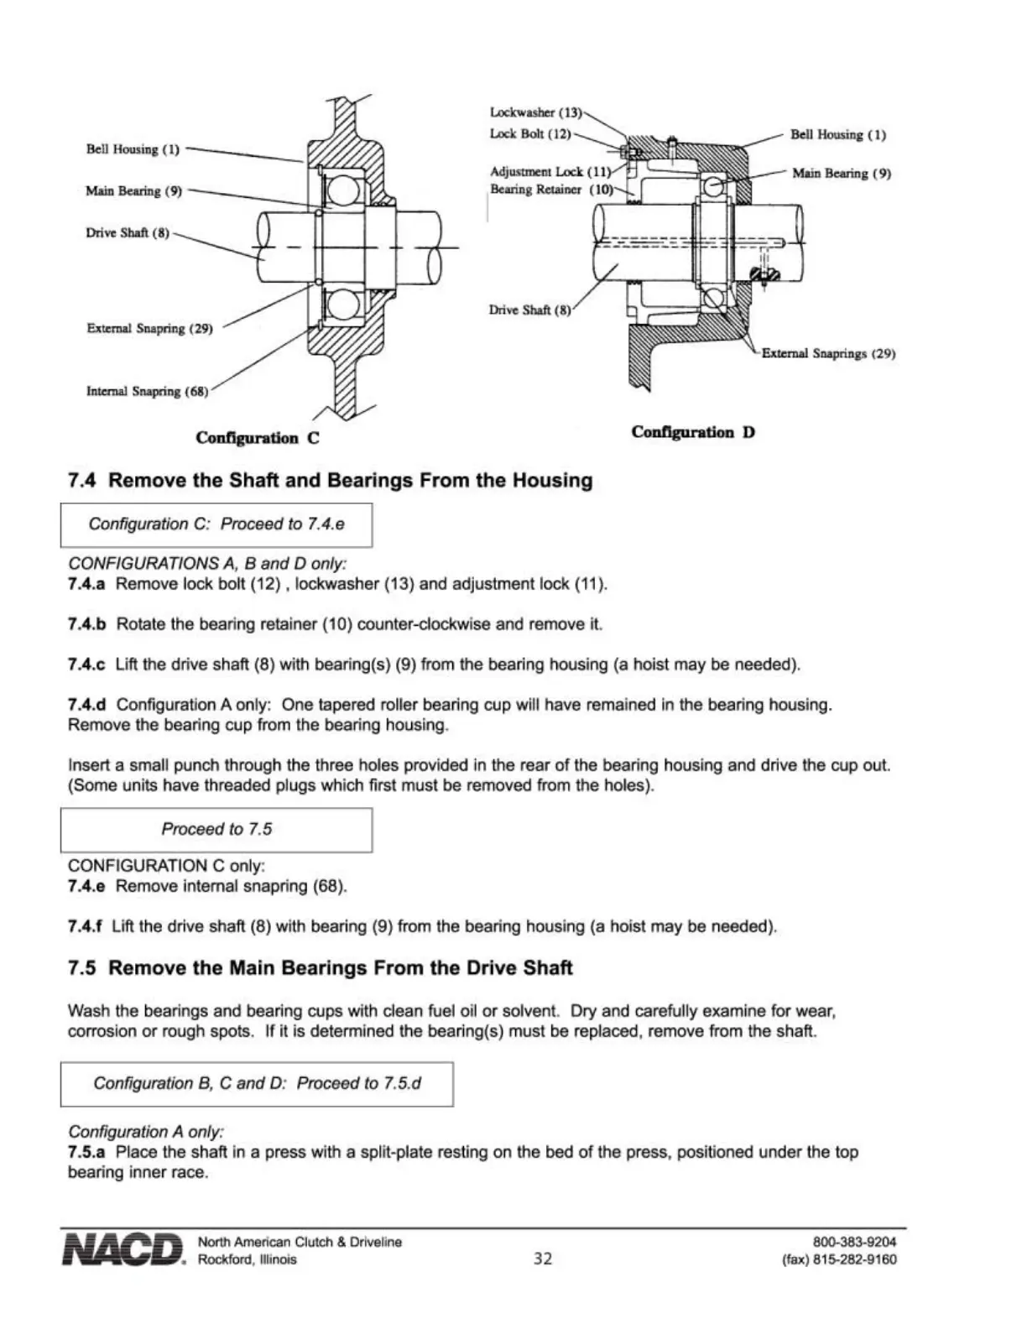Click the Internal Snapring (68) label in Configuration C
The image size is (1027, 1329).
pos(147,391)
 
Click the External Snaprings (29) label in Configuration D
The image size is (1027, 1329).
pos(828,354)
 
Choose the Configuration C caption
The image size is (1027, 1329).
pos(257,438)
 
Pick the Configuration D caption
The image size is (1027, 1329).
pos(693,432)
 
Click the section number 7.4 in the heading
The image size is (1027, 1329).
pos(82,481)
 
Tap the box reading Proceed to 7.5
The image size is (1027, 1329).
pos(216,829)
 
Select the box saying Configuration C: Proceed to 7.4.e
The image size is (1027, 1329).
pos(216,524)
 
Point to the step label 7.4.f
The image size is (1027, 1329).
pos(85,926)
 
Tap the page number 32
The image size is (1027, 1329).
pos(543,1259)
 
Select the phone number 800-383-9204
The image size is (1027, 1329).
pos(854,1242)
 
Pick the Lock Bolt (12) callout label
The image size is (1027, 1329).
pos(530,134)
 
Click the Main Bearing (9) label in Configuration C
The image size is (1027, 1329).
pos(133,191)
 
